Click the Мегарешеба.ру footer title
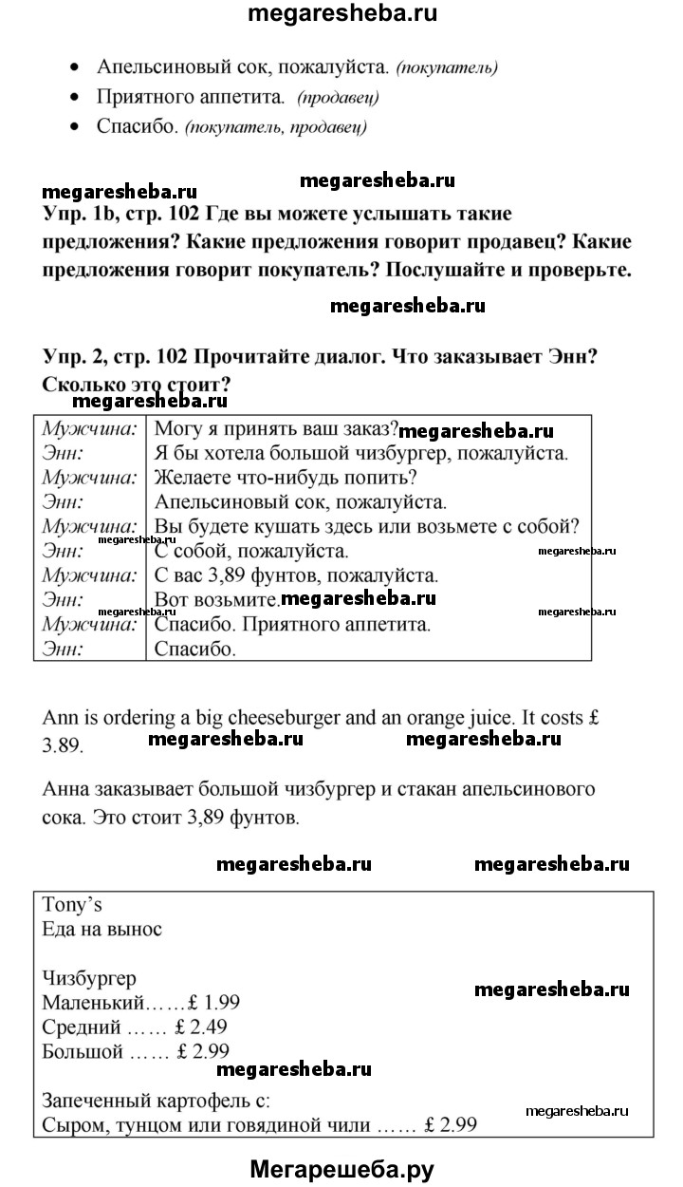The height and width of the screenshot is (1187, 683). (341, 1169)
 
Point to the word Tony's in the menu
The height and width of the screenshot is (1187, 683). (72, 905)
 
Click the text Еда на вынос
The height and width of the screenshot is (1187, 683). (102, 929)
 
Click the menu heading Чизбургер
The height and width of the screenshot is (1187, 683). (89, 977)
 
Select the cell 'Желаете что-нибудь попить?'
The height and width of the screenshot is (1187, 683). (285, 477)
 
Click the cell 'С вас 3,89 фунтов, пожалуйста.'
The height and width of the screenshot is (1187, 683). (295, 575)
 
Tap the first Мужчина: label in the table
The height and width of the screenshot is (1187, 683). (89, 427)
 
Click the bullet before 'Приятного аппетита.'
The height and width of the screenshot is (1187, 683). (75, 98)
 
